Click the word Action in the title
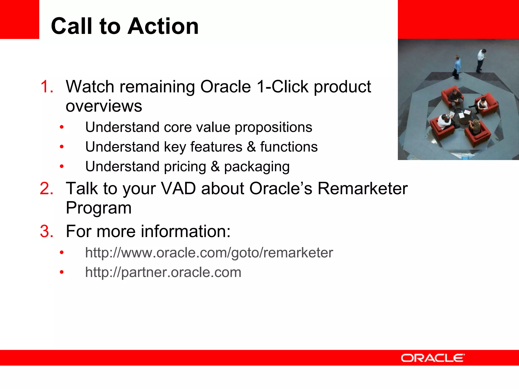click(x=163, y=26)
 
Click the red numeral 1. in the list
click(x=47, y=87)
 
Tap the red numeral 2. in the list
click(x=47, y=189)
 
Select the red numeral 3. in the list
click(x=47, y=231)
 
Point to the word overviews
click(x=104, y=106)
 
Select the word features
click(x=216, y=147)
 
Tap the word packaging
click(x=257, y=167)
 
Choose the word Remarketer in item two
click(x=362, y=189)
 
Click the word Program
click(x=99, y=208)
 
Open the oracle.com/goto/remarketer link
click(x=209, y=253)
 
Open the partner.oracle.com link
click(x=163, y=273)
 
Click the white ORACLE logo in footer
click(x=432, y=358)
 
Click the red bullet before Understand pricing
click(x=62, y=167)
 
